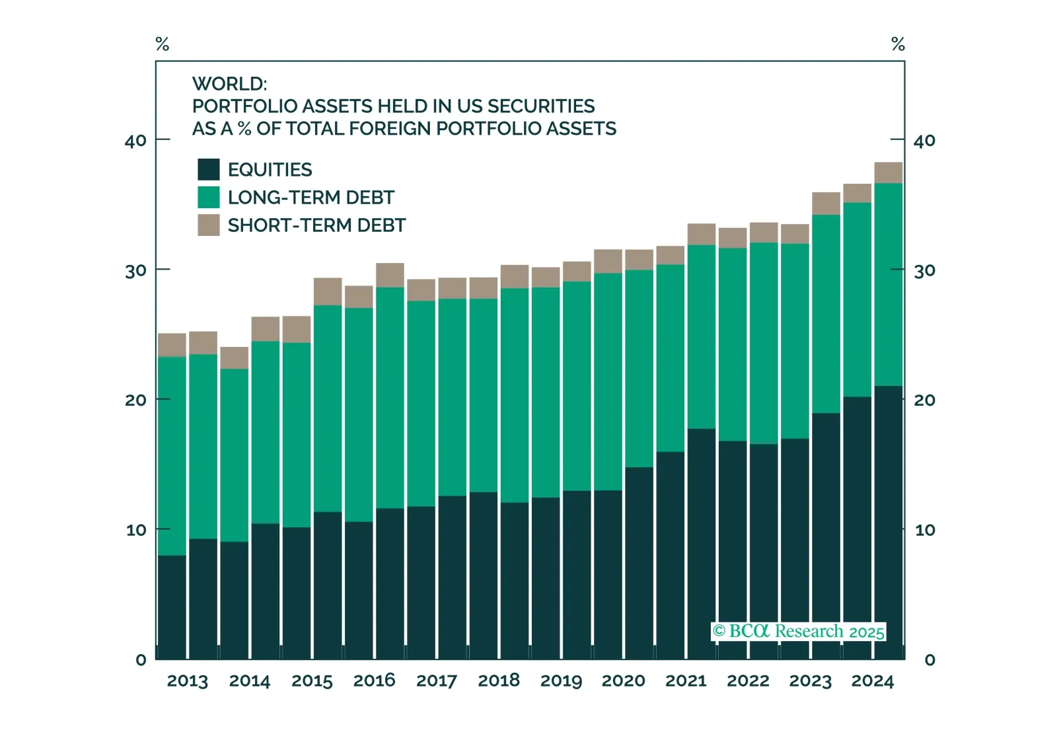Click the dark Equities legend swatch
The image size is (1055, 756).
[x=208, y=169]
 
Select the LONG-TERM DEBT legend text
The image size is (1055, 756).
[x=310, y=198]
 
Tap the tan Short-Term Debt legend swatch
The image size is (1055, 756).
[x=208, y=225]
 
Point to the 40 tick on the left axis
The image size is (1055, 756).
[x=135, y=141]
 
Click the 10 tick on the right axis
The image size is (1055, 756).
[x=924, y=530]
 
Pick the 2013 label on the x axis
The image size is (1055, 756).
[x=187, y=681]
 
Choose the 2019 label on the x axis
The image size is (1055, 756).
[x=561, y=681]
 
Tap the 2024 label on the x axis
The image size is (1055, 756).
[x=872, y=681]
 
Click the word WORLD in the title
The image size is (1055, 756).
[x=229, y=84]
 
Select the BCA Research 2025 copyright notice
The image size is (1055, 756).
[x=798, y=631]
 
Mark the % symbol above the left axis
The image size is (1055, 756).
[x=162, y=44]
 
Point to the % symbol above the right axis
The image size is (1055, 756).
[x=898, y=44]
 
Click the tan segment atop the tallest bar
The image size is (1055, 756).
[x=888, y=172]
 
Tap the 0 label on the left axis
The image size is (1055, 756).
[x=141, y=660]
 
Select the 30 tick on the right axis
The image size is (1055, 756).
[x=924, y=270]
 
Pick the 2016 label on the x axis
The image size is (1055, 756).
[x=374, y=681]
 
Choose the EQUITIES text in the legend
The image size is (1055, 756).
[x=270, y=170]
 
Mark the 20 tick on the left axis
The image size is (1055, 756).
[x=135, y=400]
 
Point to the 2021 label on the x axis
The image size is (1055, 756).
[x=686, y=681]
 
